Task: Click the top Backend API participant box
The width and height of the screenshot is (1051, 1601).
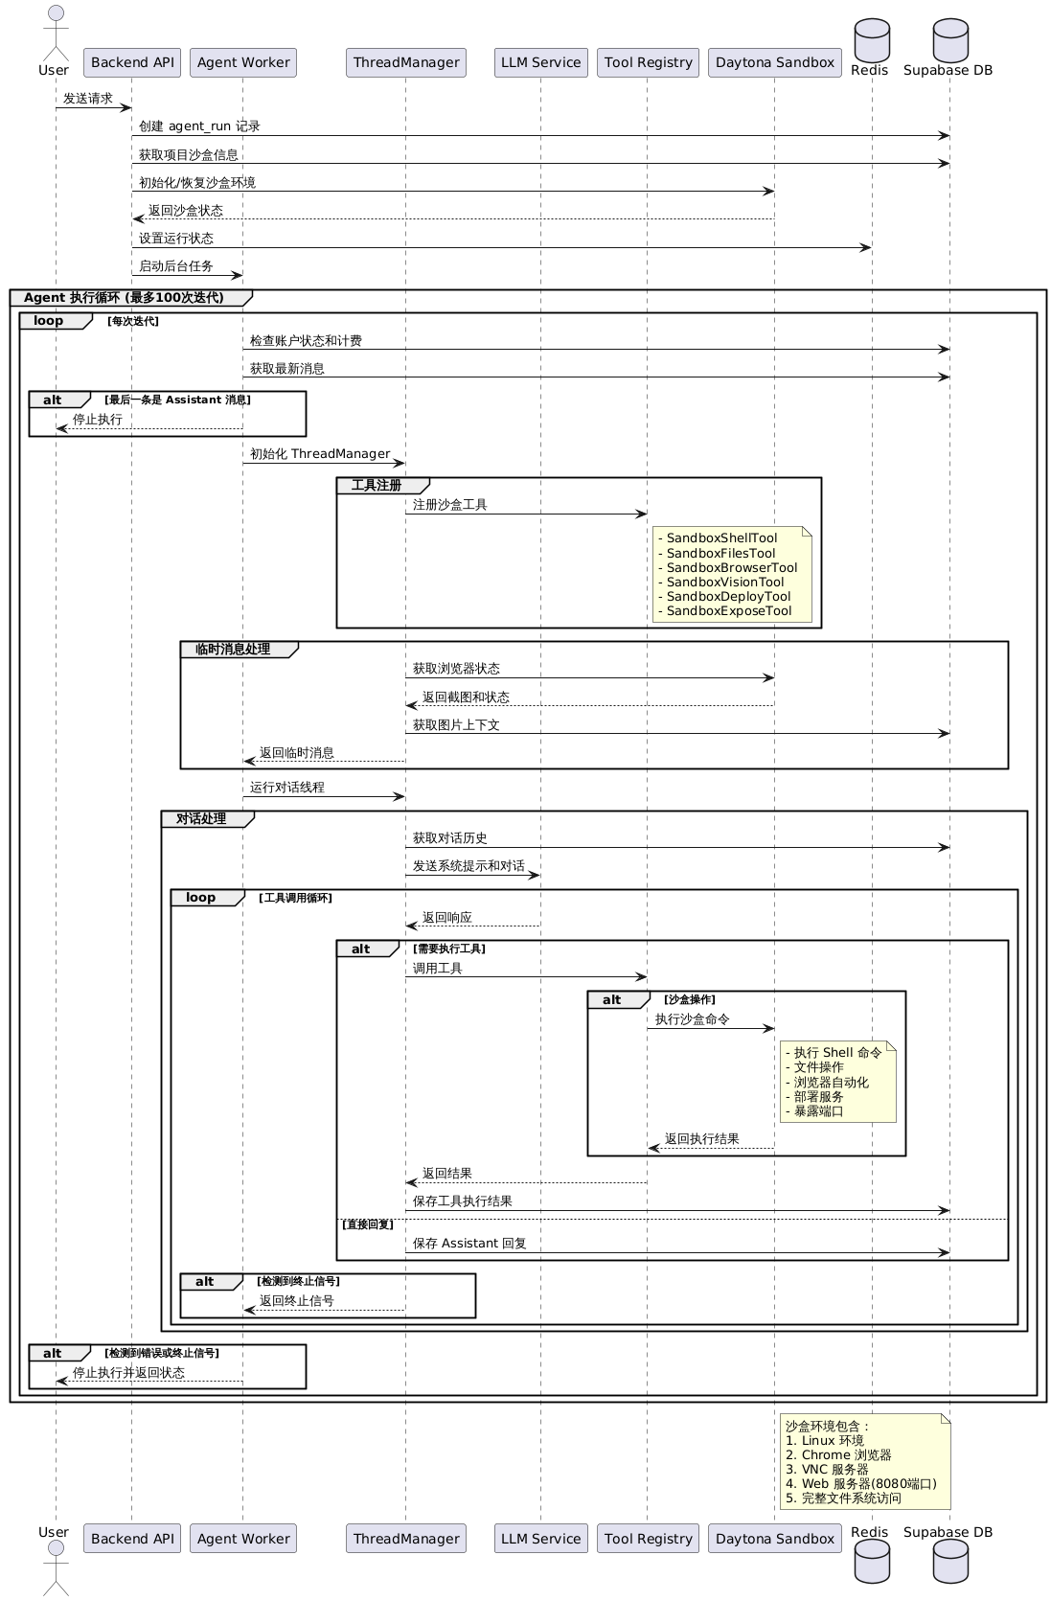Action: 132,62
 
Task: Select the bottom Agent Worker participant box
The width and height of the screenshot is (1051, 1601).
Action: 243,1538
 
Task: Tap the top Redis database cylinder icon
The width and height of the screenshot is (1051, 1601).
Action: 872,40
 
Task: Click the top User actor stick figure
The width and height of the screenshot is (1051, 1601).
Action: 56,33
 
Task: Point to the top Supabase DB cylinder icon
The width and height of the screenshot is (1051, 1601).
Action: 950,40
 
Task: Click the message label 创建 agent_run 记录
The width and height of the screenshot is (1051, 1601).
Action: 199,126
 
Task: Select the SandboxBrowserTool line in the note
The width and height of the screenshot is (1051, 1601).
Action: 732,567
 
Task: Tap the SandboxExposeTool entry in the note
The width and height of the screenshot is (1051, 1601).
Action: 729,611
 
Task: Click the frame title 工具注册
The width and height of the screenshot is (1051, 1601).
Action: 377,486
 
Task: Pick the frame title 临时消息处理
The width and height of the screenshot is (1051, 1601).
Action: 233,649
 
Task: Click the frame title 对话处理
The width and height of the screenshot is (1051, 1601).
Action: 201,818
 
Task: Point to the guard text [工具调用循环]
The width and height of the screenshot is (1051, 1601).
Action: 295,898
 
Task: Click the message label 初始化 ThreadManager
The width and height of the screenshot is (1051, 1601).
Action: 320,454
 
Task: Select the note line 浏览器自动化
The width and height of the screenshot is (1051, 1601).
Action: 831,1082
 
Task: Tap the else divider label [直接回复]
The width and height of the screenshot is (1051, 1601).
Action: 368,1224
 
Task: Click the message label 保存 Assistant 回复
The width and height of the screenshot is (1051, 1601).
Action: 469,1244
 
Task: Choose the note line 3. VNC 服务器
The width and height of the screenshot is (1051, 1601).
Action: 827,1470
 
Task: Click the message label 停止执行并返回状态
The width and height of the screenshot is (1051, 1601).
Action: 128,1373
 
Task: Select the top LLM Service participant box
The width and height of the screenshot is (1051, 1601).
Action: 541,62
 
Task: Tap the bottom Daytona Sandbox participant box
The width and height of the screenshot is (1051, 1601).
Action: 775,1538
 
